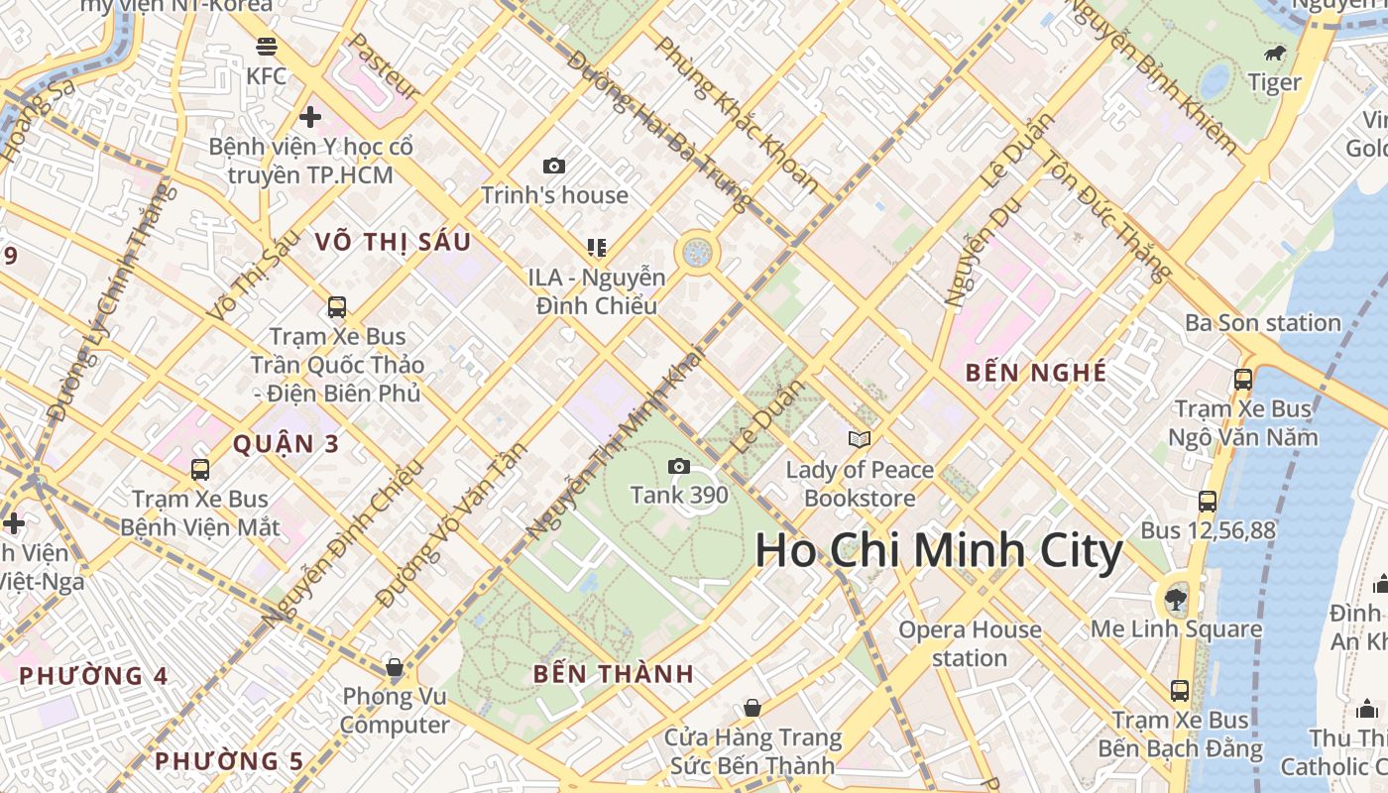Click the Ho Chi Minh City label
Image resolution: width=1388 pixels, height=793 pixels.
coord(938,551)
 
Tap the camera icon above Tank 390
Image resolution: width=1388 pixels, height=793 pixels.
coord(679,466)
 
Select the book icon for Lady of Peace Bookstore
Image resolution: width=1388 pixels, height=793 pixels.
coord(860,439)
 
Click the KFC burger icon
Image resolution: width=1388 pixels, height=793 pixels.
coord(266,46)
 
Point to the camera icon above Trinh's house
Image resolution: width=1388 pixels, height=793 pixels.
coord(554,166)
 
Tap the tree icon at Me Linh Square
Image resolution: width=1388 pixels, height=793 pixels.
coord(1176,598)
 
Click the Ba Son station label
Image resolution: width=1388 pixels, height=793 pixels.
coord(1262,323)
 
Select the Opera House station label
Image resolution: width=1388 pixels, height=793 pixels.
coord(970,643)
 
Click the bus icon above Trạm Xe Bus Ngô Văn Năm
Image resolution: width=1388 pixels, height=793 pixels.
coord(1242,379)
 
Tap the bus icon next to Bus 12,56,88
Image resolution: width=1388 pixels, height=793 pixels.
coord(1207,502)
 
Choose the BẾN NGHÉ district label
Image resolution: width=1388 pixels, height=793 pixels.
coord(1036,373)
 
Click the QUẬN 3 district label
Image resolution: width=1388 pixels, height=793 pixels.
coord(286,444)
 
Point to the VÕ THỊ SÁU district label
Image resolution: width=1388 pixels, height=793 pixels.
coord(393,242)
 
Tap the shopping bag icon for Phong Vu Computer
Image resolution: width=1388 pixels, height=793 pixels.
coord(395,667)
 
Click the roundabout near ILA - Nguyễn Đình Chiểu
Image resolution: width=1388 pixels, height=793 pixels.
coord(697,252)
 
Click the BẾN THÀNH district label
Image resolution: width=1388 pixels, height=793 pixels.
coord(613,674)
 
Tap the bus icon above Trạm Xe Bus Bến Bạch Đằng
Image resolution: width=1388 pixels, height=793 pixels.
coord(1179,690)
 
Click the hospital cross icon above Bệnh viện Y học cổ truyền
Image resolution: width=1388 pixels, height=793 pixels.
coord(310,117)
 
